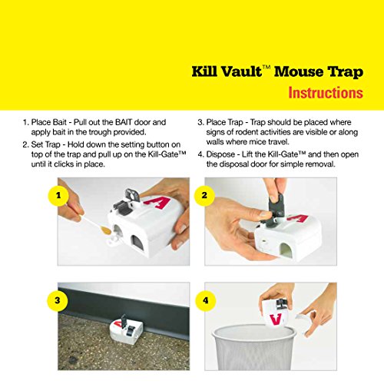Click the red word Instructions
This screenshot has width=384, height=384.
(x=326, y=94)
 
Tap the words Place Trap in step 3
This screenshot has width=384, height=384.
(x=229, y=122)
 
